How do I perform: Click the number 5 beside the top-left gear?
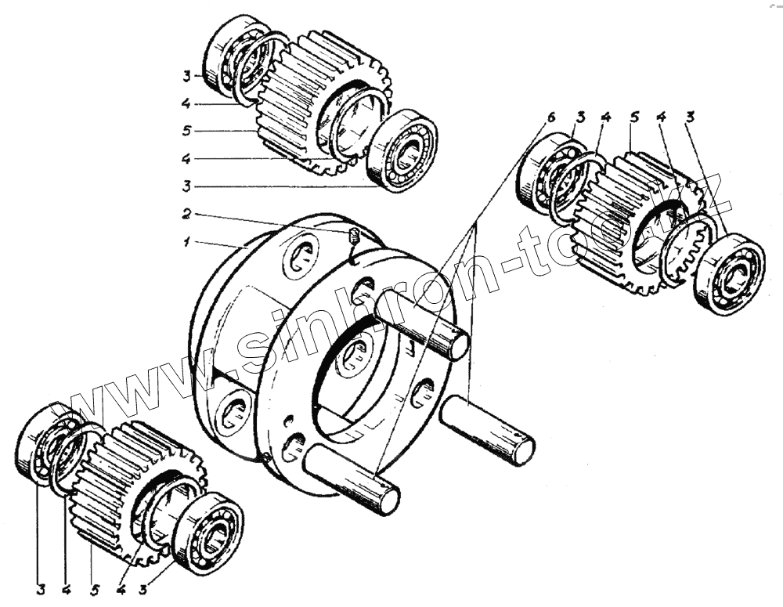(x=186, y=131)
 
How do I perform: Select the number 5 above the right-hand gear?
(x=635, y=118)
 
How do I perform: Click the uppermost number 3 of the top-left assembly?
(x=186, y=76)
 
